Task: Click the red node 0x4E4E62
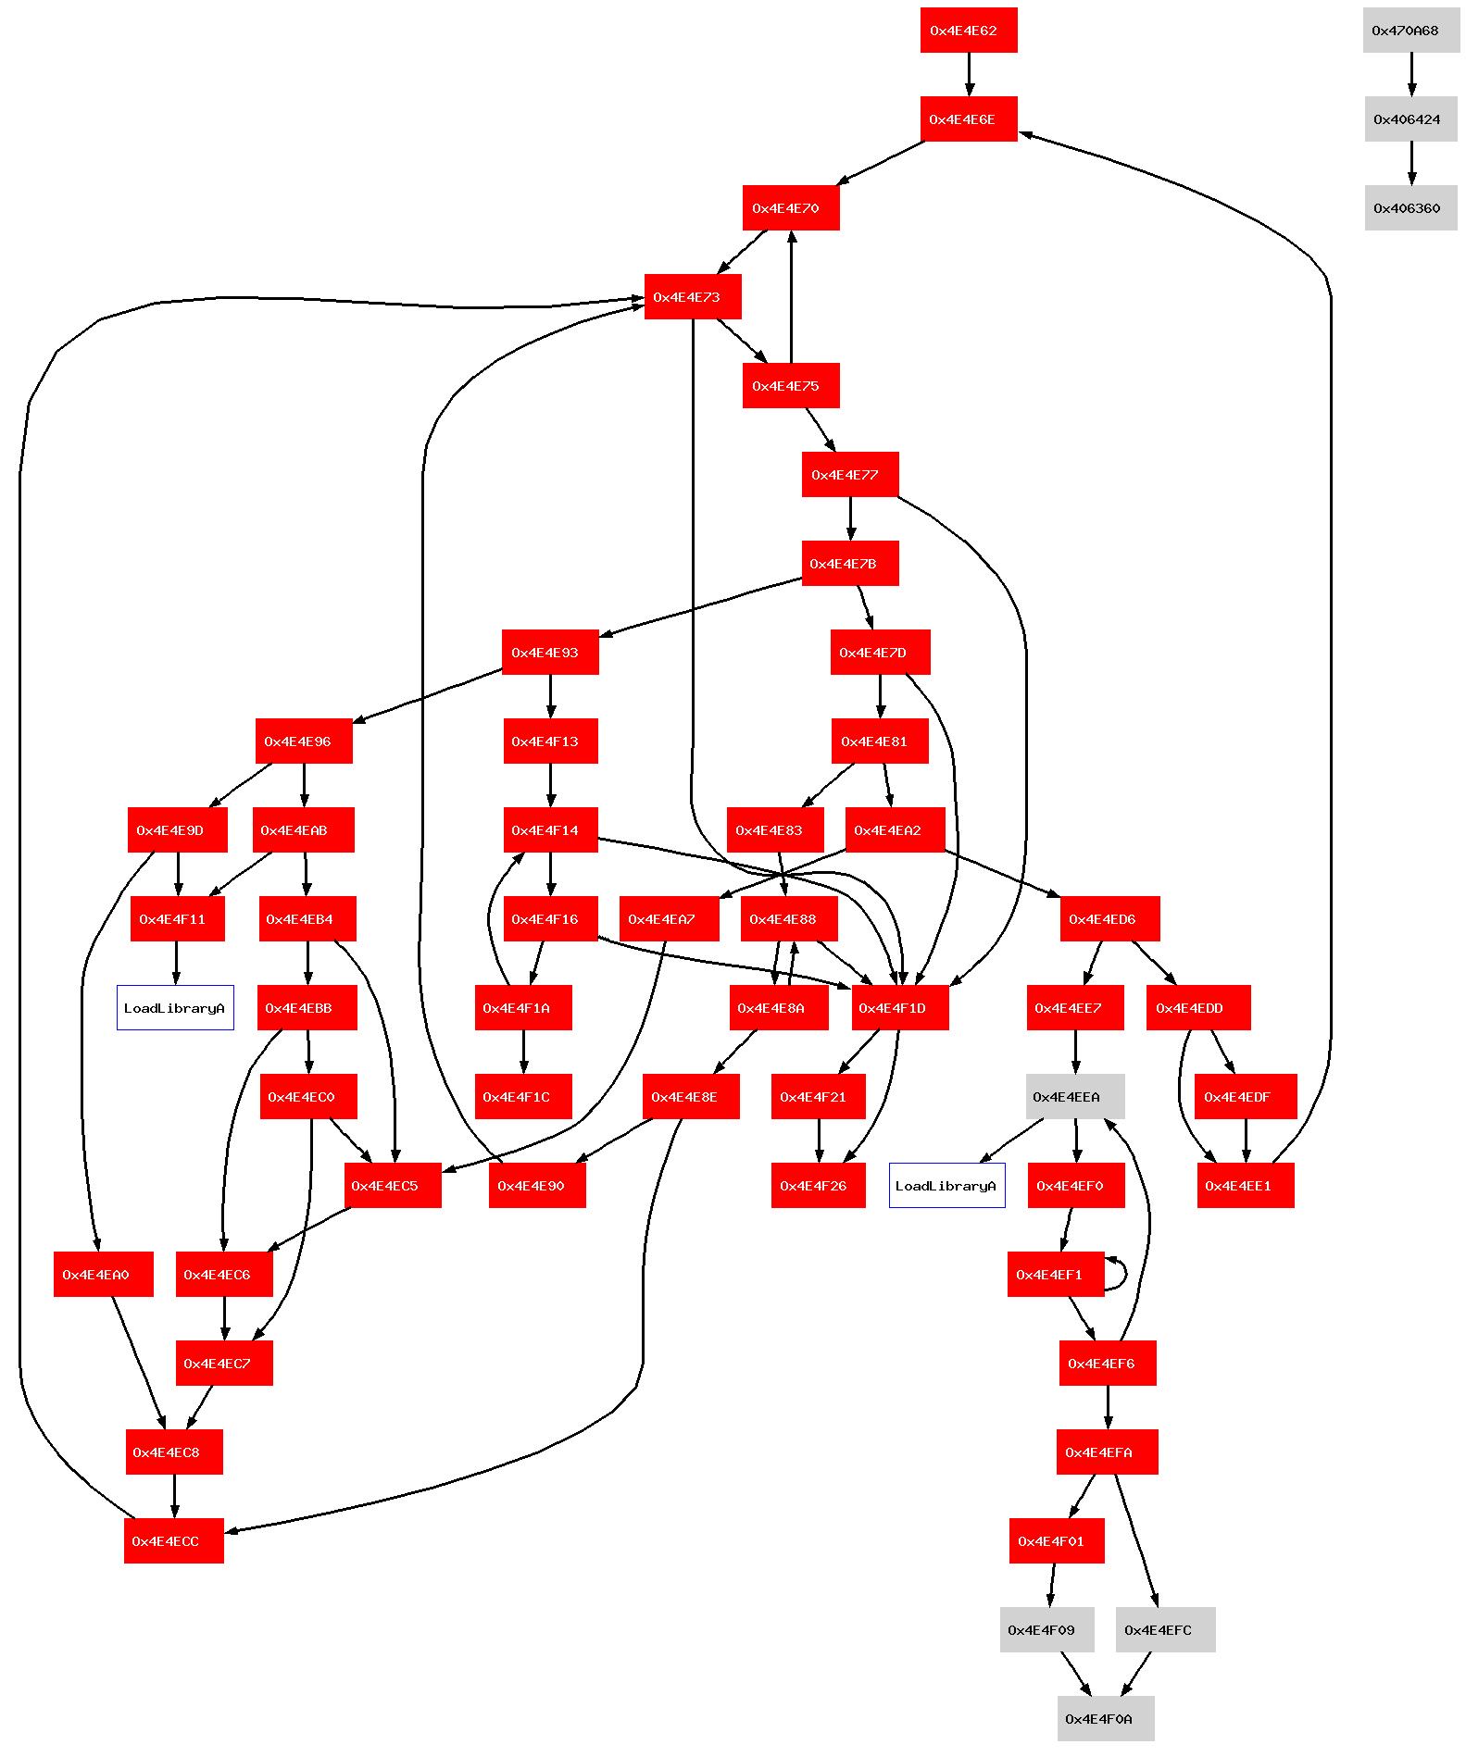click(969, 31)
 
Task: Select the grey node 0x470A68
click(1411, 31)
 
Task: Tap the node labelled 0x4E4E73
click(693, 297)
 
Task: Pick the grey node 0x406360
click(1411, 208)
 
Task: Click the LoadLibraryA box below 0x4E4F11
click(175, 1008)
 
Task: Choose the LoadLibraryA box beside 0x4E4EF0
click(947, 1186)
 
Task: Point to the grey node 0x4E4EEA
click(1075, 1097)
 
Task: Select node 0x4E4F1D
click(900, 1008)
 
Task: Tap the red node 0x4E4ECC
click(174, 1541)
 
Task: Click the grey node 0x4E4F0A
click(1106, 1719)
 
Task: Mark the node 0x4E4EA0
click(104, 1275)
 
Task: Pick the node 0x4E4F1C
click(523, 1097)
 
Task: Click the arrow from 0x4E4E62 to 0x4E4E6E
click(969, 75)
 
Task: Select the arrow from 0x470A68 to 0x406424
click(1411, 75)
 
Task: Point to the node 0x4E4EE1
click(1246, 1186)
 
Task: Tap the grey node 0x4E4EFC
click(1166, 1630)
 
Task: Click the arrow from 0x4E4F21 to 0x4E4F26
click(819, 1141)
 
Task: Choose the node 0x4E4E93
click(550, 653)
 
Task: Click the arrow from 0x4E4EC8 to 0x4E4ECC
click(174, 1497)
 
